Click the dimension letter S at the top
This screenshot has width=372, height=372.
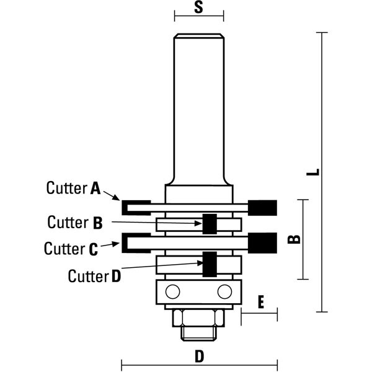pyautogui.click(x=199, y=7)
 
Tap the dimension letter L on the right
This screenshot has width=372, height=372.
pyautogui.click(x=313, y=172)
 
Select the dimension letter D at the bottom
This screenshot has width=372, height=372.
pyautogui.click(x=199, y=356)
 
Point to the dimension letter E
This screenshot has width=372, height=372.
pyautogui.click(x=261, y=302)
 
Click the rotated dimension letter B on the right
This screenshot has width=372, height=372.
pyautogui.click(x=294, y=239)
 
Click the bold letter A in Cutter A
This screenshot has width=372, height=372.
pyautogui.click(x=95, y=188)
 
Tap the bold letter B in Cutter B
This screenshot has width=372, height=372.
pyautogui.click(x=98, y=223)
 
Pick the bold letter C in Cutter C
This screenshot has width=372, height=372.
pyautogui.click(x=93, y=249)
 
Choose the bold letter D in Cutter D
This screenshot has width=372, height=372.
pyautogui.click(x=117, y=277)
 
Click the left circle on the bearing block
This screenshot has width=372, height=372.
pyautogui.click(x=173, y=291)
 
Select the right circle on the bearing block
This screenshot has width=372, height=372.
pyautogui.click(x=224, y=291)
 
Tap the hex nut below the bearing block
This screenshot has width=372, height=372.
pyautogui.click(x=198, y=318)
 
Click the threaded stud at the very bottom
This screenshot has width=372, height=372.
pyautogui.click(x=198, y=334)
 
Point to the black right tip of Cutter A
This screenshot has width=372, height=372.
pyautogui.click(x=262, y=208)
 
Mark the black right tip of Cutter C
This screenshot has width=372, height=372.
pyautogui.click(x=262, y=243)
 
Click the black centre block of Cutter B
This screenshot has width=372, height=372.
pyautogui.click(x=210, y=224)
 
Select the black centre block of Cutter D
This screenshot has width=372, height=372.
pyautogui.click(x=210, y=264)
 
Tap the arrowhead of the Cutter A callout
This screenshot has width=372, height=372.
pyautogui.click(x=117, y=198)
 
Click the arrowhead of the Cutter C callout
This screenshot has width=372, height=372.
pyautogui.click(x=116, y=244)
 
